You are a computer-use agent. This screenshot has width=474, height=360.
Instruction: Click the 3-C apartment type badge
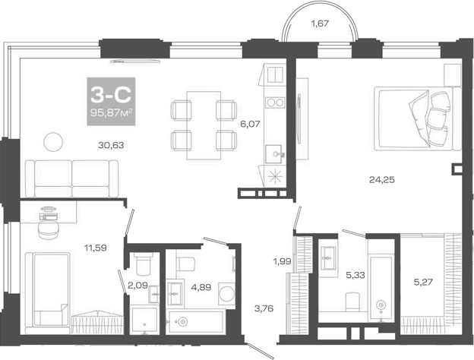coord(112,102)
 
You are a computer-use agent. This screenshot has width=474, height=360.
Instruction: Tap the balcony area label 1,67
coord(320,24)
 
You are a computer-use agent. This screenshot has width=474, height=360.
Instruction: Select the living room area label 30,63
coord(111,147)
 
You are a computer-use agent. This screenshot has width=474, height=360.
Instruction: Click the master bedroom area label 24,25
coord(382,180)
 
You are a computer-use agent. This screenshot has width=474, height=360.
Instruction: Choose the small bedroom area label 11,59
coord(97,246)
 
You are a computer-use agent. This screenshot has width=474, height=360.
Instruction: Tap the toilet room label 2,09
coord(137,286)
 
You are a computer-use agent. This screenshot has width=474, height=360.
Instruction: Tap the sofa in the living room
coord(73,178)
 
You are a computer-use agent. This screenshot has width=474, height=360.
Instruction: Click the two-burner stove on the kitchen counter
coord(274,103)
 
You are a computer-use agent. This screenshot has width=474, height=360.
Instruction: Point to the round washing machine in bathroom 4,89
coord(226,294)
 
